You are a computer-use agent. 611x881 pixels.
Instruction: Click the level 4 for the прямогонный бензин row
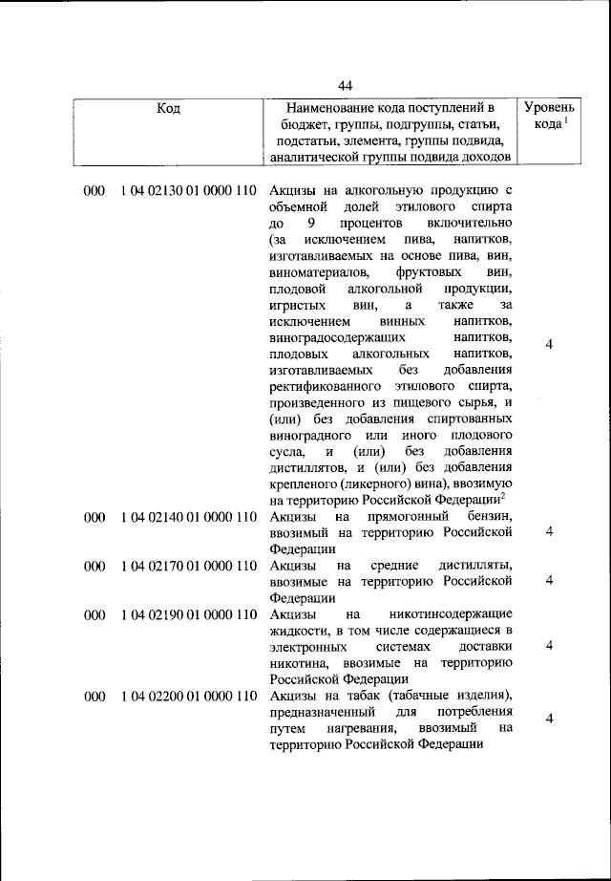tap(550, 532)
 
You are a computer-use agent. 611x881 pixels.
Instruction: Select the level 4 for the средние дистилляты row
tap(550, 581)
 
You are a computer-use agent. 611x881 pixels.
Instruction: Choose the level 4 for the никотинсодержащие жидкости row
tap(550, 646)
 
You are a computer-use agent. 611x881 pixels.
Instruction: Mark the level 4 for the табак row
tap(550, 720)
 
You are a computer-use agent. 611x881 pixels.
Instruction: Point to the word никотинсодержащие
tap(453, 613)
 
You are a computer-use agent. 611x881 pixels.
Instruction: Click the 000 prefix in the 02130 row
tap(94, 191)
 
